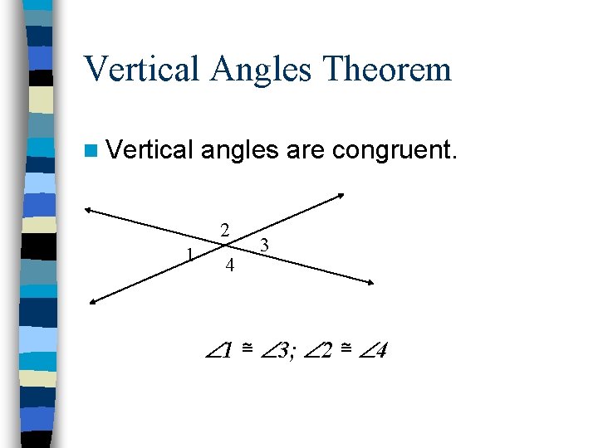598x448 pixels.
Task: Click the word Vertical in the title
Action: pos(141,69)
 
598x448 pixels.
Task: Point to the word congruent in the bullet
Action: pos(395,152)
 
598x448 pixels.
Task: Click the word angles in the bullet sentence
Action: pos(239,152)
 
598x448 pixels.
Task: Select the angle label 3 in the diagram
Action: pos(264,245)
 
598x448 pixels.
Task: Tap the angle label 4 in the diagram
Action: pos(230,266)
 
